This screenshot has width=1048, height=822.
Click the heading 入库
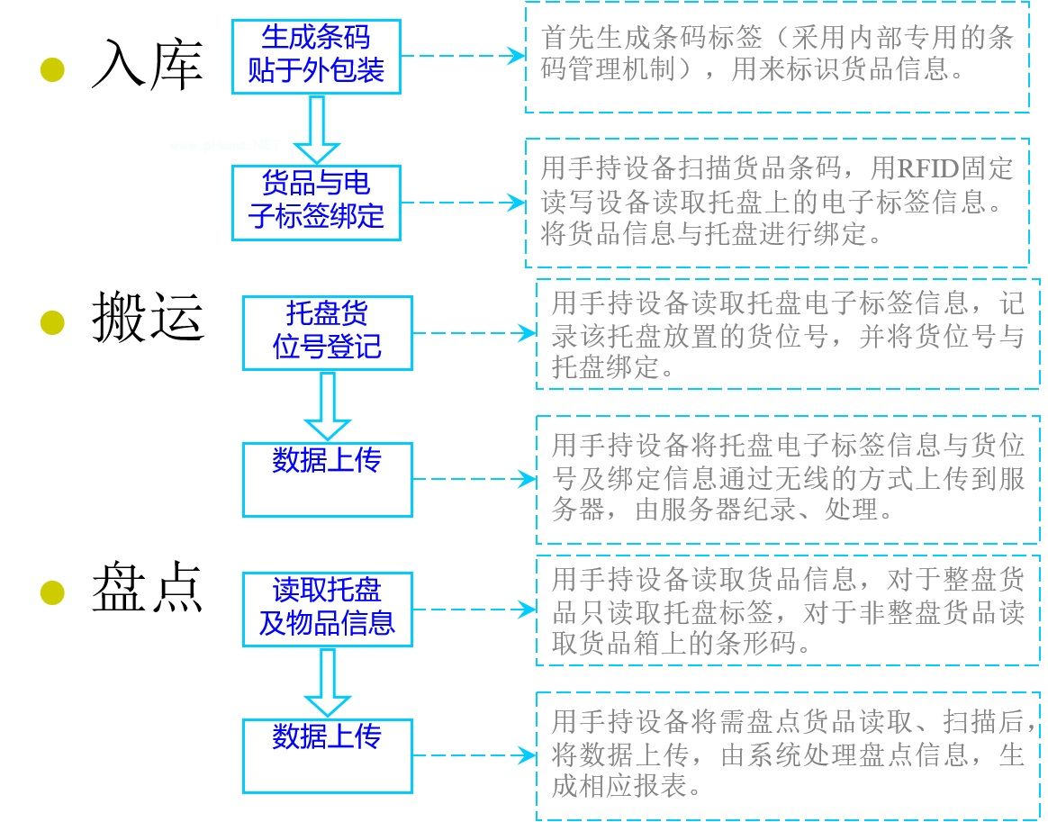tap(147, 65)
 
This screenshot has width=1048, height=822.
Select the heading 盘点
tap(148, 587)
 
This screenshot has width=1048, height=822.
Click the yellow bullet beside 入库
tap(52, 69)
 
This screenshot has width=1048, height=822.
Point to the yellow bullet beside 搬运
tap(52, 322)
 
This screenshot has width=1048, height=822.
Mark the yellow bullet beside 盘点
tap(52, 592)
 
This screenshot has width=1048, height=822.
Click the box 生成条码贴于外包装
tap(316, 56)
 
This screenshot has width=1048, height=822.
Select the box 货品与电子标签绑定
tap(316, 203)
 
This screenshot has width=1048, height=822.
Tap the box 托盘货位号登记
tap(328, 333)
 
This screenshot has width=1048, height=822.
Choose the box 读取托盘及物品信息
tap(328, 610)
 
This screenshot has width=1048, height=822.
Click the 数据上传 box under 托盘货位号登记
tap(328, 479)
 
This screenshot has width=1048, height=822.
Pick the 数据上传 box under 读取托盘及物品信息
tap(328, 756)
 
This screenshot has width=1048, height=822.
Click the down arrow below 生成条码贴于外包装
tap(317, 130)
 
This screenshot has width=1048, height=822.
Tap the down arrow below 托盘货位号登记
tap(328, 406)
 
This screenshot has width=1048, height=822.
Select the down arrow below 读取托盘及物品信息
tap(328, 682)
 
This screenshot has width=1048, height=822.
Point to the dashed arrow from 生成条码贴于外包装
tap(463, 56)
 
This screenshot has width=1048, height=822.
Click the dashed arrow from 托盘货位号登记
tap(474, 333)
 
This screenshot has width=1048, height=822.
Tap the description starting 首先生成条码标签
tap(777, 53)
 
